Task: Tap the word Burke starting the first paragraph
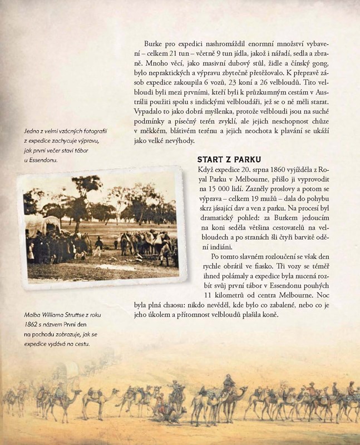(155, 43)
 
